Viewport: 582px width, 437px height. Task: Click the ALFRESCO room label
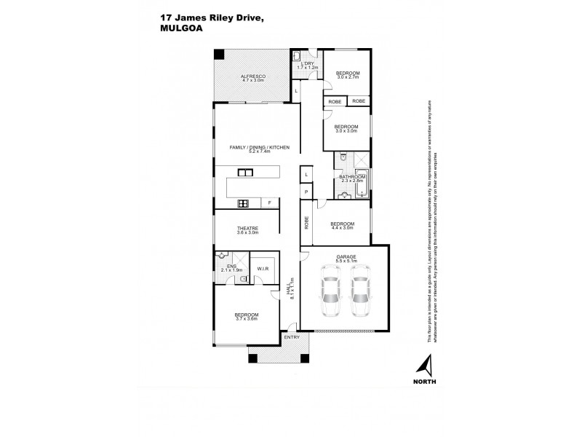point(253,76)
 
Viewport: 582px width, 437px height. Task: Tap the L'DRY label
point(308,63)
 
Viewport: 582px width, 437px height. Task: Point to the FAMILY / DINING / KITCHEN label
point(260,147)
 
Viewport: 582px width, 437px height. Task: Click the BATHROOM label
point(352,177)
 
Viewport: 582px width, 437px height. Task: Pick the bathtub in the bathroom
point(362,184)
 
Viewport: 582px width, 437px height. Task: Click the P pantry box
point(307,192)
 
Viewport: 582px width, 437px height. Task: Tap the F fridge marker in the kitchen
point(269,202)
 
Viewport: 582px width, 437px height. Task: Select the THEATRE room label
point(248,229)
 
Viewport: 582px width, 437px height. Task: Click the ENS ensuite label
point(231,266)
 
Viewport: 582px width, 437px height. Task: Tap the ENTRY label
point(292,336)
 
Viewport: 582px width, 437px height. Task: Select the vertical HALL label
point(291,288)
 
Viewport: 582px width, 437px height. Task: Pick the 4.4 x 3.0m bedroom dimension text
point(342,228)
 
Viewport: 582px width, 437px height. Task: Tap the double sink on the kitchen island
point(245,172)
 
